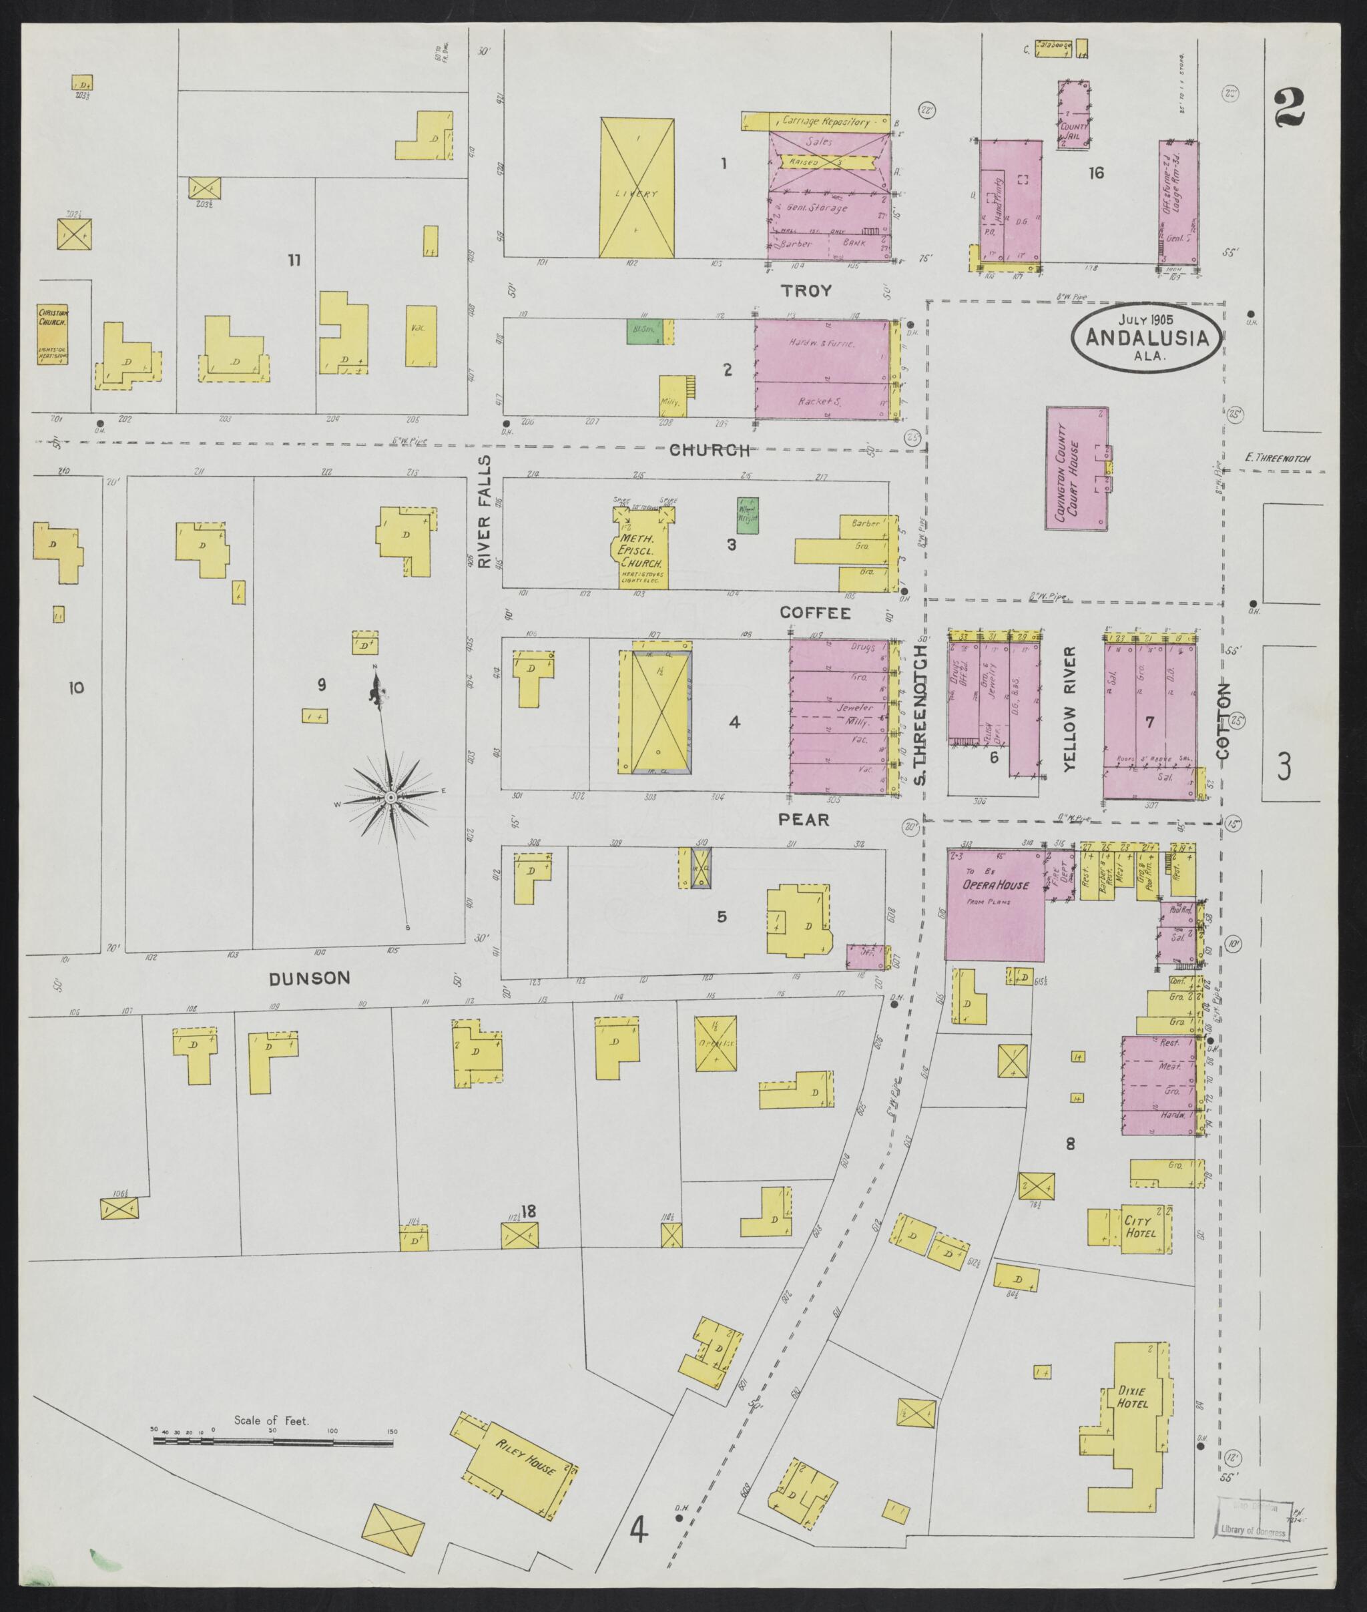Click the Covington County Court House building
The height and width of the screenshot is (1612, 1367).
click(1077, 468)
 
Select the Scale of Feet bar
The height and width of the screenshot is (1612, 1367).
click(273, 1442)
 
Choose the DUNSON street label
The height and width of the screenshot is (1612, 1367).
click(309, 978)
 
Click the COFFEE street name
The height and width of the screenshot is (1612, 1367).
click(814, 613)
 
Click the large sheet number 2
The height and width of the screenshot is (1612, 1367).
click(1289, 107)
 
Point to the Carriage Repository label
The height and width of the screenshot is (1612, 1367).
click(825, 121)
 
